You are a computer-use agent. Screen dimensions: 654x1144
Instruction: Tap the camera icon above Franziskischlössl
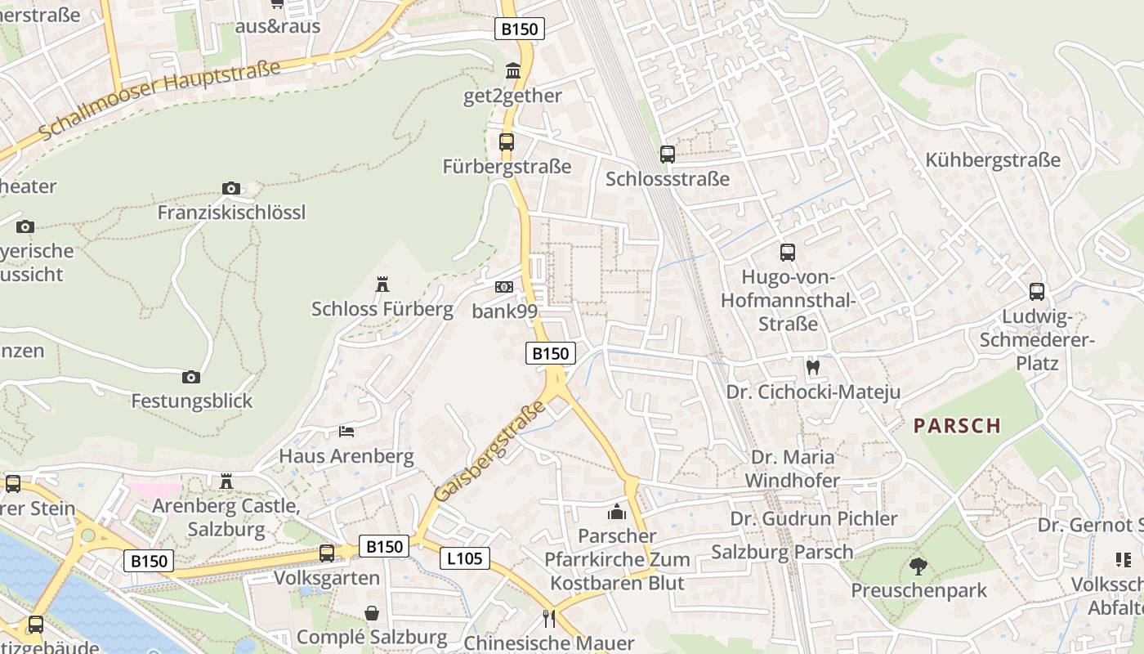pos(231,189)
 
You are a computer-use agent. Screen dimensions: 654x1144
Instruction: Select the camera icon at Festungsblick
pos(191,377)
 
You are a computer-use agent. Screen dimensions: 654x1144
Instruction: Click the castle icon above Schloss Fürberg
pos(382,284)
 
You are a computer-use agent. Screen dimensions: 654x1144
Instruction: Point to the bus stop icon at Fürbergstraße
pos(507,142)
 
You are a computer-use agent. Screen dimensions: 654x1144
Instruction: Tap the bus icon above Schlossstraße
pos(668,154)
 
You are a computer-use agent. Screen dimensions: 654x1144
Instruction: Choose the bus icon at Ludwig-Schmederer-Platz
pos(1037,291)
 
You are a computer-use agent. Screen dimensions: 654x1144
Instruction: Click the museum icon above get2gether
pos(513,71)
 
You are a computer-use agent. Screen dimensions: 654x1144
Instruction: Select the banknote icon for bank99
pos(504,287)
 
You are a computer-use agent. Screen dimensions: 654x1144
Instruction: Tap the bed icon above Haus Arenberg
pos(346,431)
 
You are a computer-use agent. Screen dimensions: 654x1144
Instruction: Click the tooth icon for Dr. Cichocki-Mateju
pos(813,367)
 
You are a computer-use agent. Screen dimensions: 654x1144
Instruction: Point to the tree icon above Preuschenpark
pos(918,566)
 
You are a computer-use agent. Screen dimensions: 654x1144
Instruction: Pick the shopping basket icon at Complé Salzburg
pos(372,613)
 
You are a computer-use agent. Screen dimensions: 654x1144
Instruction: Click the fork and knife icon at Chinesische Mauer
pos(549,618)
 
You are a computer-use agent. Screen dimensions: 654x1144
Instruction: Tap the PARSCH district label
pos(957,425)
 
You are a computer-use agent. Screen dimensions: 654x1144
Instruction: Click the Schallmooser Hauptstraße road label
pos(159,100)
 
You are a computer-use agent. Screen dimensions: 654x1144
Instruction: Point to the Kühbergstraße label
pos(993,160)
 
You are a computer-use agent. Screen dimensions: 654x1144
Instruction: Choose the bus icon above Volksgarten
pos(327,553)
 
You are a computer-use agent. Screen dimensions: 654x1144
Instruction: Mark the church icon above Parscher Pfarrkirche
pos(617,513)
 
